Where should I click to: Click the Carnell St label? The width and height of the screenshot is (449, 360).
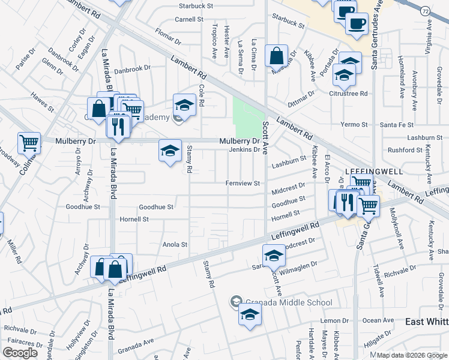189,19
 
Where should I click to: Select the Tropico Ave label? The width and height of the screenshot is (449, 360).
214,41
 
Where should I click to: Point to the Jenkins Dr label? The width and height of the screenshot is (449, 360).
244,150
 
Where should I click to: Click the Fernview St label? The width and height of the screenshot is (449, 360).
242,183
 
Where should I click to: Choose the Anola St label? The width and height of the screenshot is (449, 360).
175,245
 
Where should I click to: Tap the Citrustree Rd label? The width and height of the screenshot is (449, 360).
348,94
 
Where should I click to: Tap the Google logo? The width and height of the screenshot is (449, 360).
20,353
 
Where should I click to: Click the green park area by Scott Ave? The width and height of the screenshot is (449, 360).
249,116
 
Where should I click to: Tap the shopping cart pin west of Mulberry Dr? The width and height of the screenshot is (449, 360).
29,143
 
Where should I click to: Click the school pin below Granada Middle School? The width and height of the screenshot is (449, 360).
250,314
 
